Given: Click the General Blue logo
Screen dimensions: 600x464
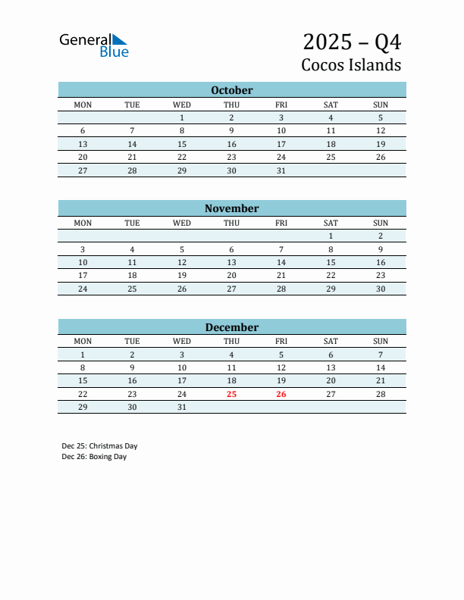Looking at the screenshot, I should click(94, 45).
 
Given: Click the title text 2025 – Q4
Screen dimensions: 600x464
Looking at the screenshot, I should click(352, 41).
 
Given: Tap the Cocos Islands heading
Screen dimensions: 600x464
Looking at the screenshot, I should click(351, 64).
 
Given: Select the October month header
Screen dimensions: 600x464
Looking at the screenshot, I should click(231, 90).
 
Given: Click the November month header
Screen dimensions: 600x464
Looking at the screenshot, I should click(231, 208).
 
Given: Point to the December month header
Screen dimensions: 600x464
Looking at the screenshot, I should click(231, 327).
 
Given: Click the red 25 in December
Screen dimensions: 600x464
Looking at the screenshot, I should click(231, 394).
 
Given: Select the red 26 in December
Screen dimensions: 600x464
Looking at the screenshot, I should click(281, 394).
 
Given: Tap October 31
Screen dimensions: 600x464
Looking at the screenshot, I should click(281, 170).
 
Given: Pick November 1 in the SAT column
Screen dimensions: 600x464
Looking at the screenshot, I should click(331, 236).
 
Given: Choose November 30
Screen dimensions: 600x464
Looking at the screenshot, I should click(381, 289).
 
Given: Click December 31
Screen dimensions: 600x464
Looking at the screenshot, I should click(182, 407).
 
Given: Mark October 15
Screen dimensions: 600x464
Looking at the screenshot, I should click(182, 144).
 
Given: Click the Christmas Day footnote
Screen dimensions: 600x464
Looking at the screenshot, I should click(99, 445).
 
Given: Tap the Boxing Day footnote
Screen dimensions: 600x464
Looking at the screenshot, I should click(94, 457).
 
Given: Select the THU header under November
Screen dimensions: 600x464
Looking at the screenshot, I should click(231, 223).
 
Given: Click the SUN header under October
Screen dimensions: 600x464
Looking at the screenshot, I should click(381, 105).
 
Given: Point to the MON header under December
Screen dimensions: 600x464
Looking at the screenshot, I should click(83, 341).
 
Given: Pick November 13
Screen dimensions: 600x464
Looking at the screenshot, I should click(231, 262).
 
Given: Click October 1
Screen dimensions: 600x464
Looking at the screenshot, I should click(182, 117).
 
